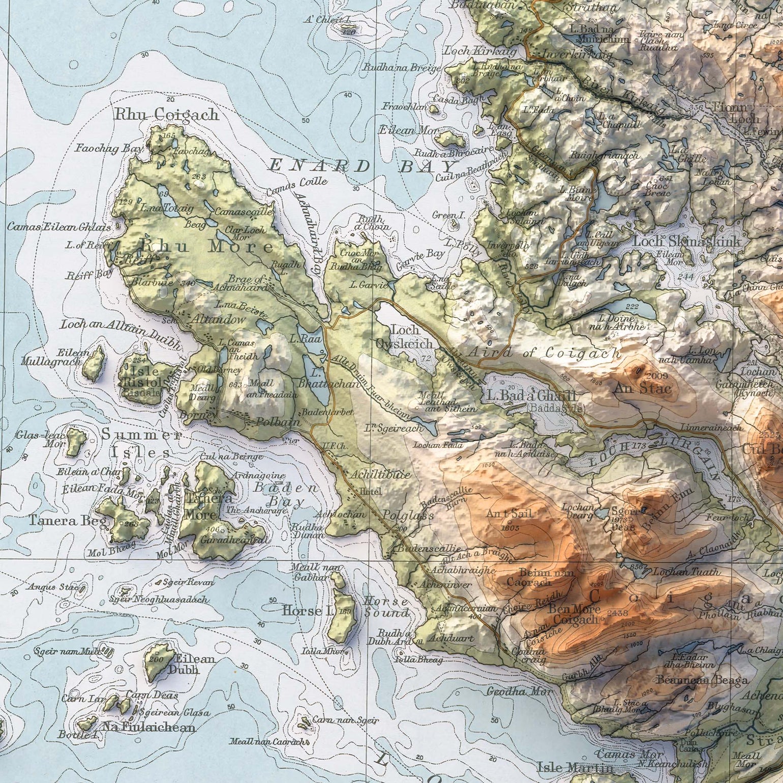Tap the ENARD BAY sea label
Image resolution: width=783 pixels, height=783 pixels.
[x=362, y=166]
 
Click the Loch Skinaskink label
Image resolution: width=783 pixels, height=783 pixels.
[x=687, y=241]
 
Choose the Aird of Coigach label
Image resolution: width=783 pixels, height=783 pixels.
[x=544, y=352]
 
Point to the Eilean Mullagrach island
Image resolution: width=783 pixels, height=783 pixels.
[x=93, y=362]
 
